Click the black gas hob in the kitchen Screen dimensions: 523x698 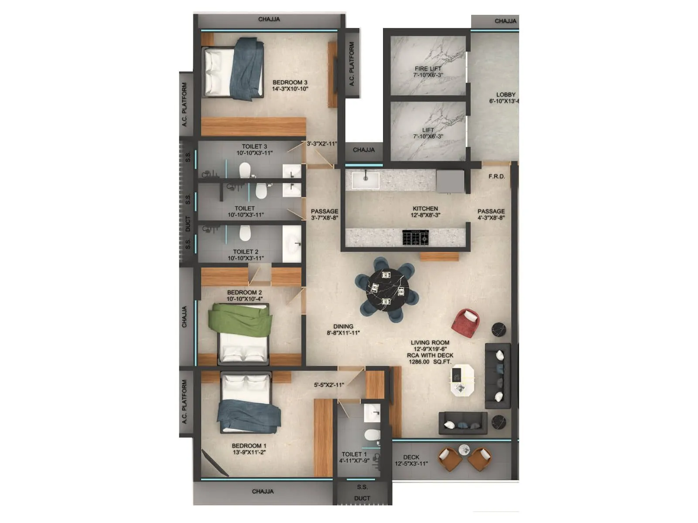(x=415, y=238)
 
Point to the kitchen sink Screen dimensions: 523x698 (x=366, y=179)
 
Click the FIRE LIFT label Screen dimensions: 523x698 (x=428, y=69)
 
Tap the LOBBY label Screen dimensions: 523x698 (x=506, y=95)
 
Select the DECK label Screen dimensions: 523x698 (x=411, y=457)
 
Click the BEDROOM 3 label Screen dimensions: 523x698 (x=290, y=82)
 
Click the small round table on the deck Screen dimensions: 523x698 (x=464, y=448)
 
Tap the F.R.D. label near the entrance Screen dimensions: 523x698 (x=496, y=177)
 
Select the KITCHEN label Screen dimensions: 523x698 (x=425, y=209)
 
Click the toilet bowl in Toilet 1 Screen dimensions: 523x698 (x=372, y=435)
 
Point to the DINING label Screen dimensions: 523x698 (x=343, y=326)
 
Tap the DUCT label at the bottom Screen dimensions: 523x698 (x=362, y=498)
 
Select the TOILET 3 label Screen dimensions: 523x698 (x=254, y=146)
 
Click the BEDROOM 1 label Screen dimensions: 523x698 (x=249, y=446)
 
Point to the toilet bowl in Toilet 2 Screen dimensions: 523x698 (x=245, y=233)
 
